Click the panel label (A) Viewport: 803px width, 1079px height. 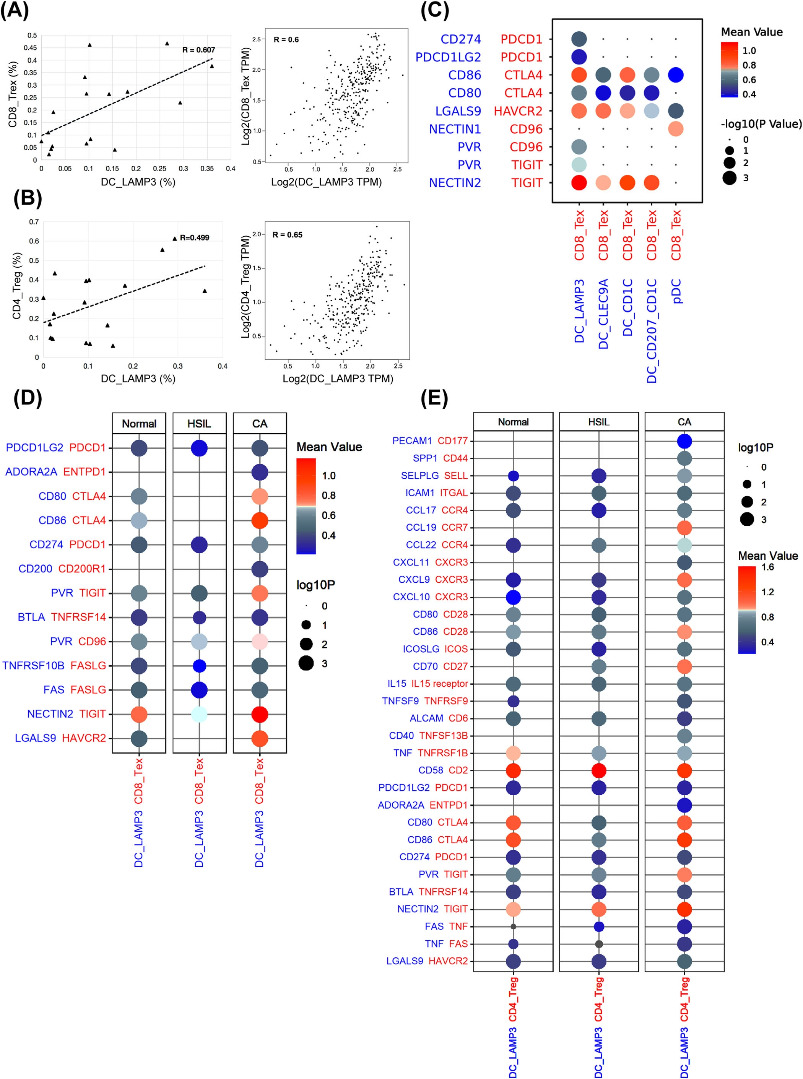[15, 10]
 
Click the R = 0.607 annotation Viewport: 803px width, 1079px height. [198, 50]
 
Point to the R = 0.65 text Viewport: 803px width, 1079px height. [287, 235]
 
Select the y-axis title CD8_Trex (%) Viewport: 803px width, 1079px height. [13, 94]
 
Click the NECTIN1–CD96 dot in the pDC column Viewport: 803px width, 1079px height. [676, 129]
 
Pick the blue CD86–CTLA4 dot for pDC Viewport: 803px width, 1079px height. [676, 75]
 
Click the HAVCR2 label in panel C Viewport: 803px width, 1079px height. [518, 111]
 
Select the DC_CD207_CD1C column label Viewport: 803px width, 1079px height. [652, 330]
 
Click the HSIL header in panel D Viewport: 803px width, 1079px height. [199, 424]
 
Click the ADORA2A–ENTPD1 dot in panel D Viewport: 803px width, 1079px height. [260, 472]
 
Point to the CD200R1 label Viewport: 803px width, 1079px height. [82, 569]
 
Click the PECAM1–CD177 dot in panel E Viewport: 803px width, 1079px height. [684, 441]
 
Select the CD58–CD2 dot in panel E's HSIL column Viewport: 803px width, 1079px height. [599, 770]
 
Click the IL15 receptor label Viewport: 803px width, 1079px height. [439, 683]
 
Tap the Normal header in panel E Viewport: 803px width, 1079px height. [513, 422]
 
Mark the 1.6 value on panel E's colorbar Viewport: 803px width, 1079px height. [767, 567]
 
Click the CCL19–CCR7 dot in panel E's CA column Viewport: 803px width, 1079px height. [684, 527]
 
